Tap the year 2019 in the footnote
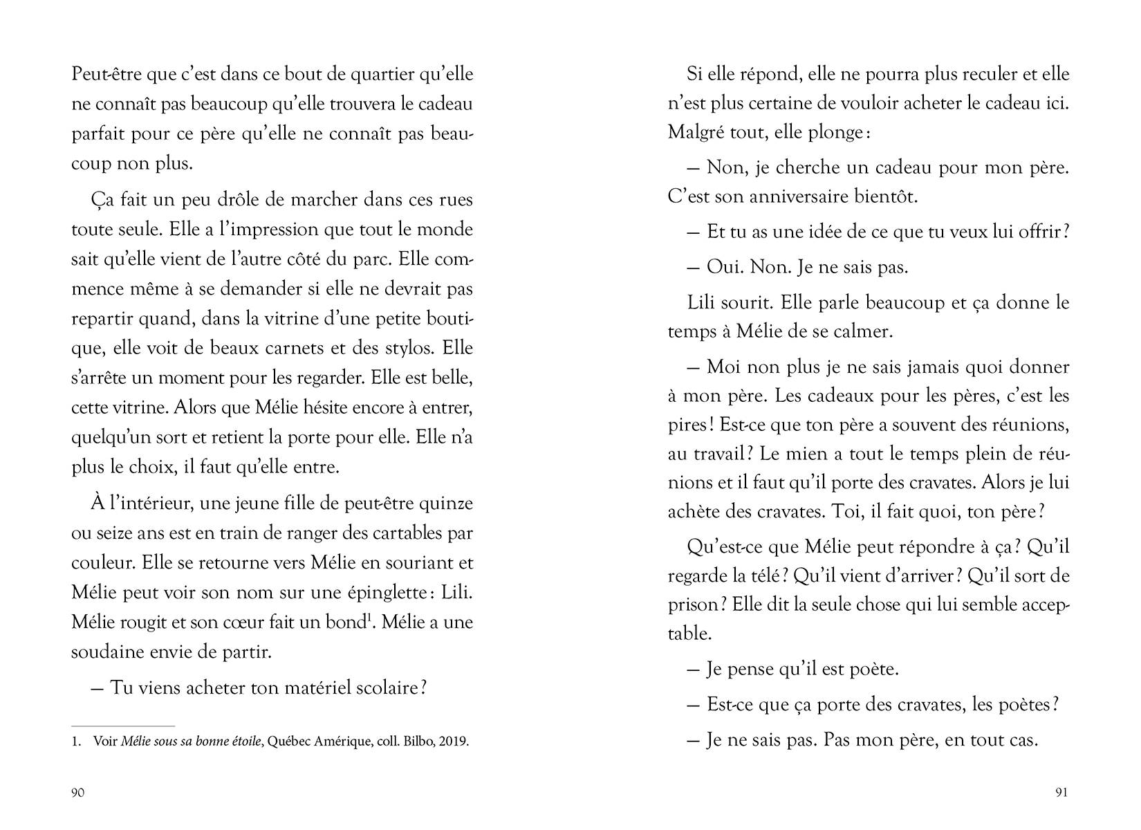(x=452, y=742)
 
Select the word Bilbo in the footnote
(x=409, y=742)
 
